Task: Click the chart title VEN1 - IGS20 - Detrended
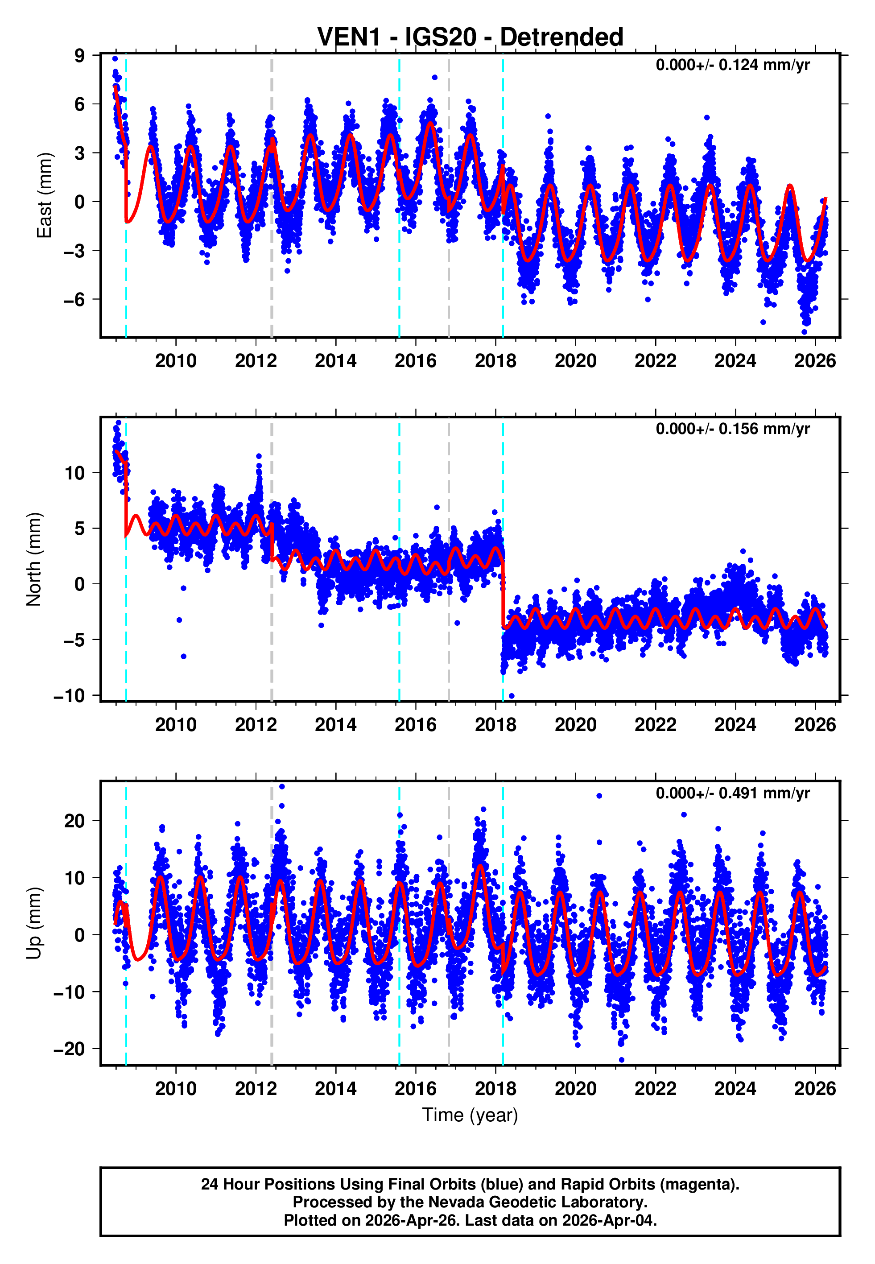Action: tap(470, 37)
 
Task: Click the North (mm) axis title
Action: tap(34, 559)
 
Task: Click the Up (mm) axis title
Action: tap(34, 923)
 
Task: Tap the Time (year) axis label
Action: tap(470, 1115)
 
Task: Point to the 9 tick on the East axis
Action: tap(80, 55)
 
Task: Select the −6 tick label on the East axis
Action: tap(74, 300)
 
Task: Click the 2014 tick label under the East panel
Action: tap(335, 361)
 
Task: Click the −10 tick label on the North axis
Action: tap(69, 696)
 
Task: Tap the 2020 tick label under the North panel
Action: tap(575, 725)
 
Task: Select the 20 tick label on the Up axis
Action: tap(74, 821)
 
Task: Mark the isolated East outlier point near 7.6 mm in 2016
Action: tap(434, 77)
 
